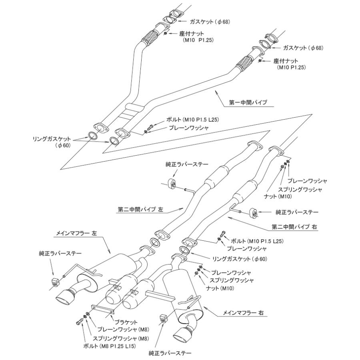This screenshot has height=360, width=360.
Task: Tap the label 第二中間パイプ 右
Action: (294, 226)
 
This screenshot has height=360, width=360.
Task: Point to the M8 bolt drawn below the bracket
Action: (80, 321)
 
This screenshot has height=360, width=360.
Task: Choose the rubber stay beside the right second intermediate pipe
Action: (253, 212)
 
